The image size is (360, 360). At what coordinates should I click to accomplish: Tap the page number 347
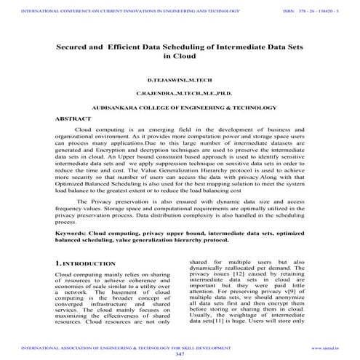point(180,354)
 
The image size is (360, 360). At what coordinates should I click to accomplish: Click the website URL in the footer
point(327,348)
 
